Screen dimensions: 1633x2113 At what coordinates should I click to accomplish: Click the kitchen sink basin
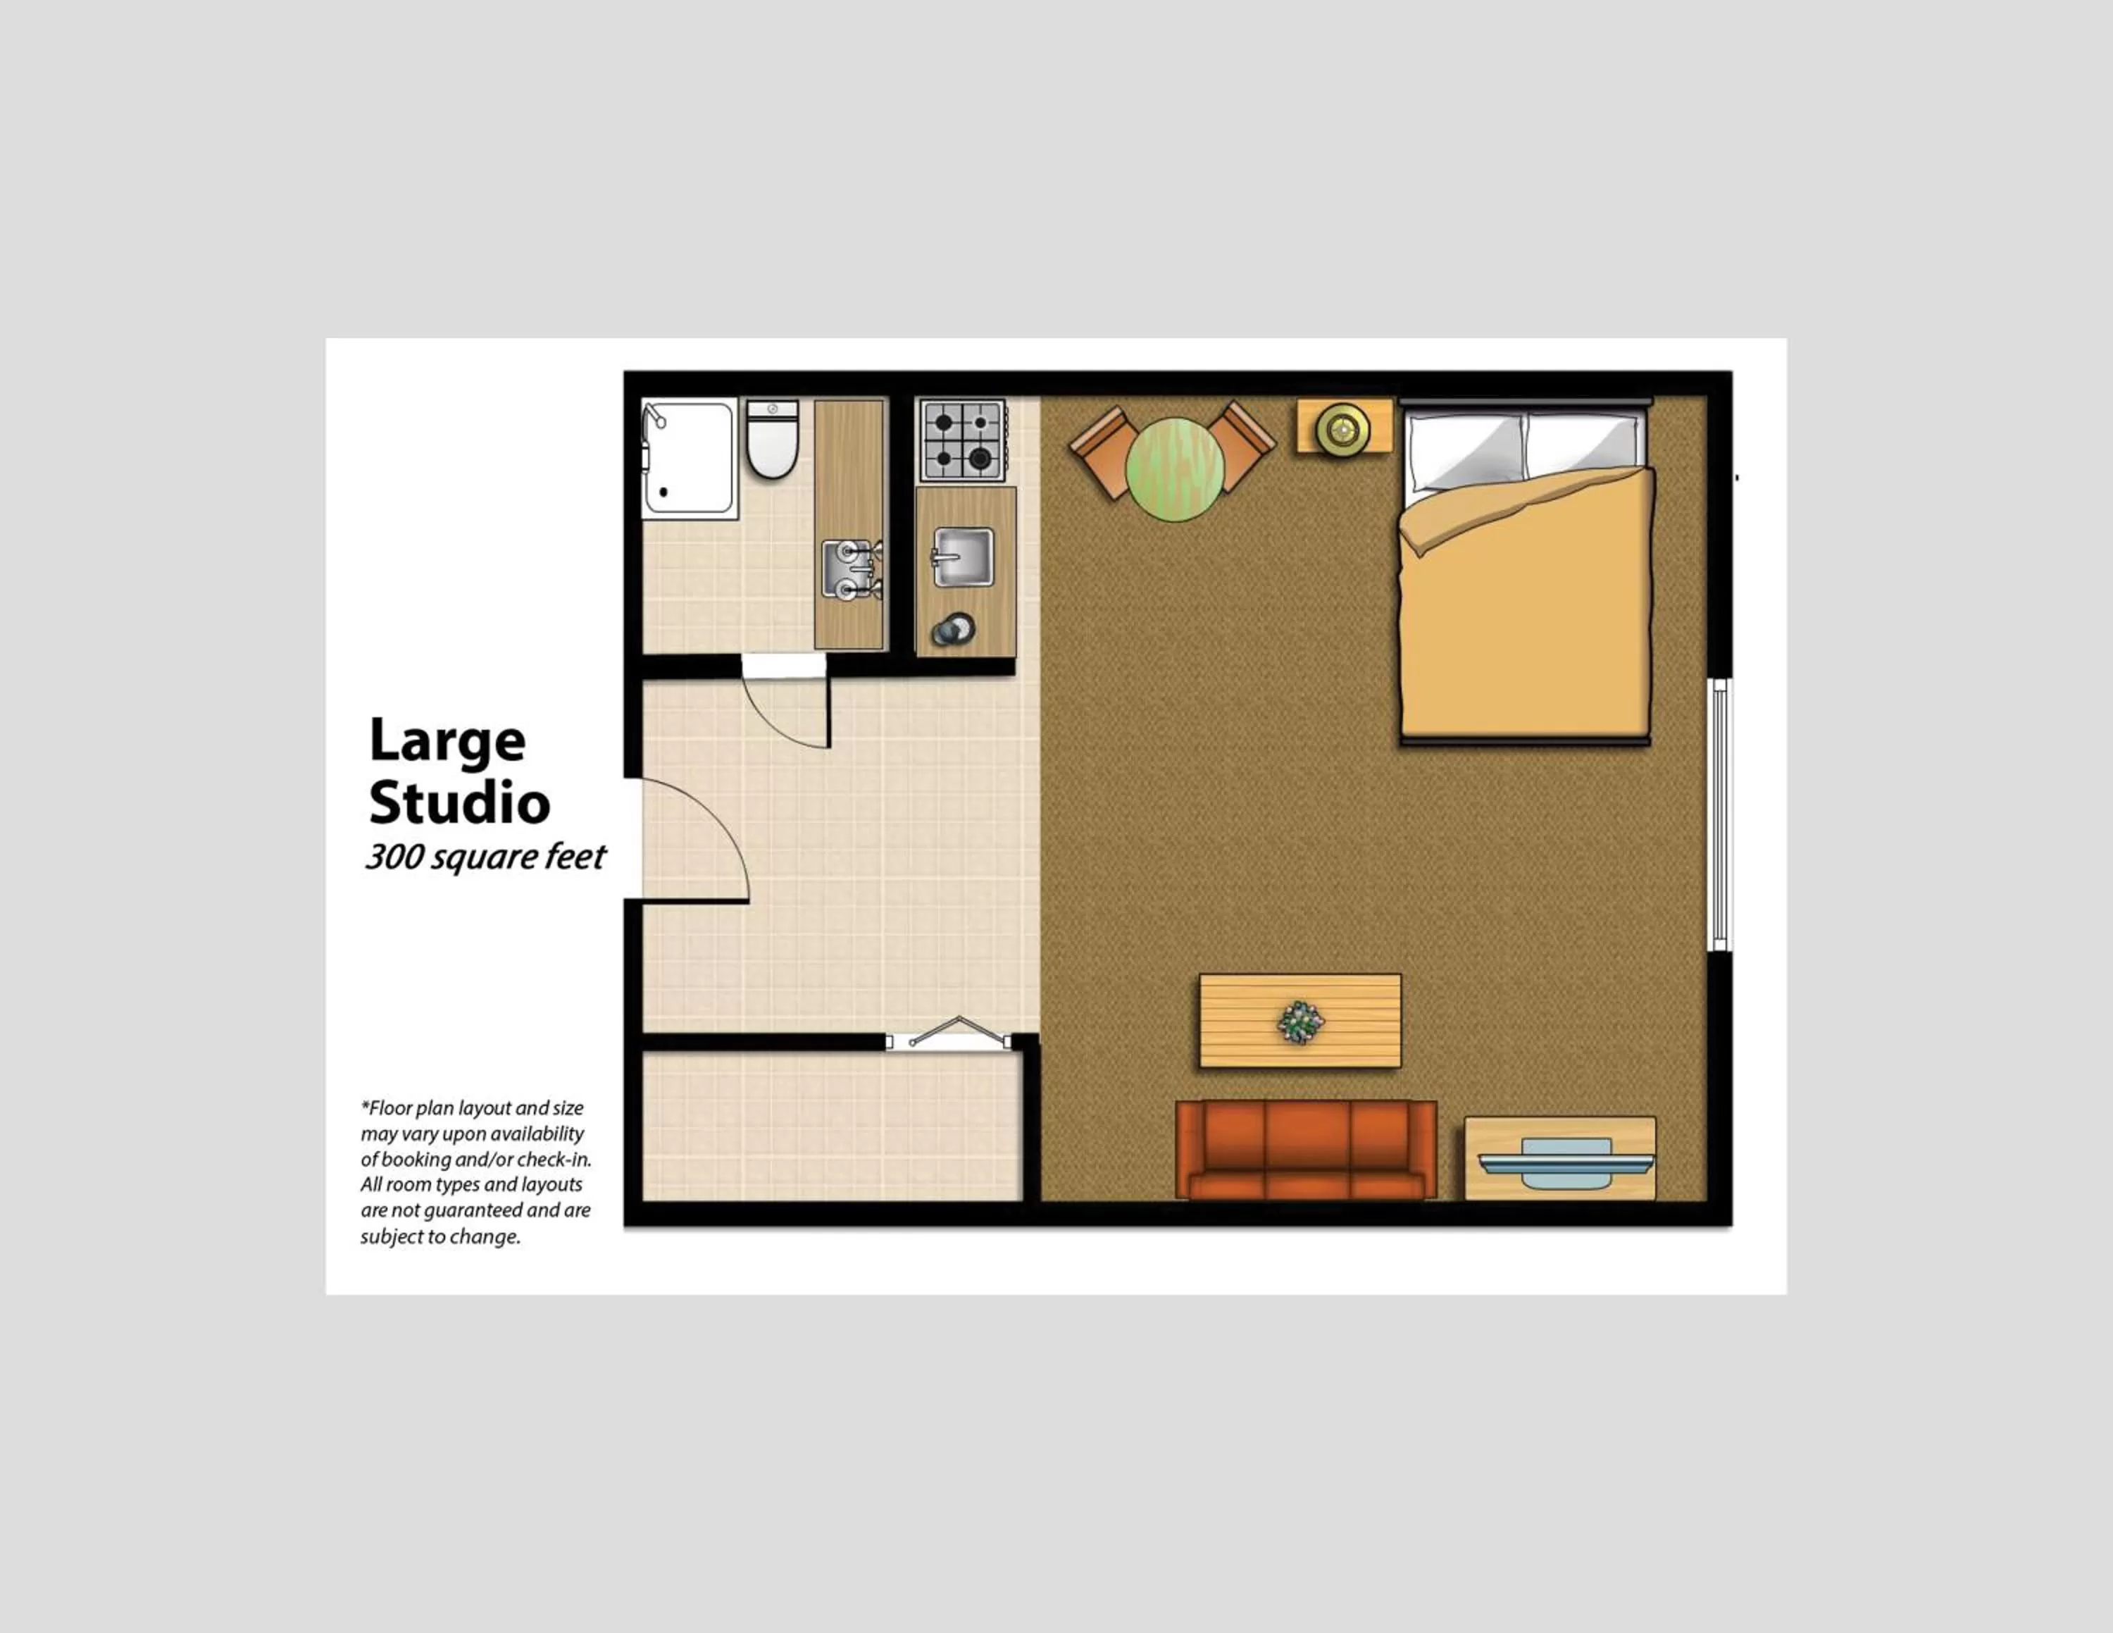pos(963,557)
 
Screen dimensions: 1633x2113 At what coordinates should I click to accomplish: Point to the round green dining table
pos(1175,469)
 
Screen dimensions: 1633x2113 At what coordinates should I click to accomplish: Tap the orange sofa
pos(1306,1149)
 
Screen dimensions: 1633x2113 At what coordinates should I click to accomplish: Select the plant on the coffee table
pos(1299,1022)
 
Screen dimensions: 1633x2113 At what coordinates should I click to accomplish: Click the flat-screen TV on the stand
pos(1566,1162)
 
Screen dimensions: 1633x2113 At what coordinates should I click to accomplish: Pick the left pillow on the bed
pos(1465,450)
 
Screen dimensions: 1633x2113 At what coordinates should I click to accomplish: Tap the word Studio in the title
pos(459,803)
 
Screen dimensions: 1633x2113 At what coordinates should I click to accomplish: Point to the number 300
pos(393,857)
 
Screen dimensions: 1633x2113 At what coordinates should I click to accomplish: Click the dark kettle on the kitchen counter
pos(952,630)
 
